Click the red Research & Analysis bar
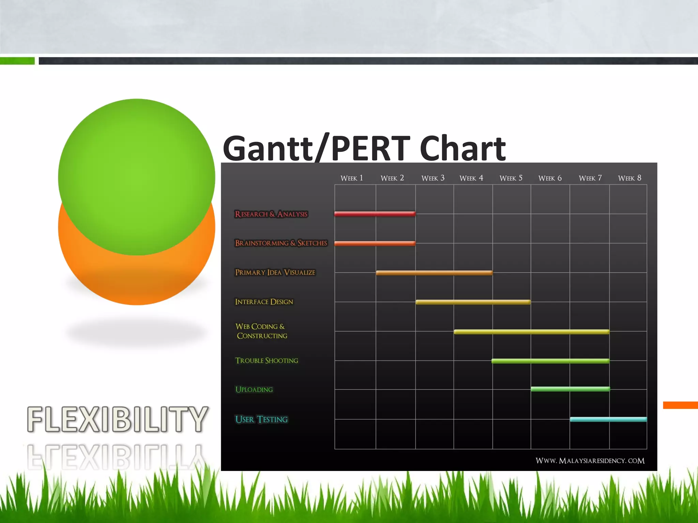coord(375,214)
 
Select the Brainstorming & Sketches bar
coord(375,243)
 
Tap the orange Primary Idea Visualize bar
coord(434,273)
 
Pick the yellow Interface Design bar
coord(473,302)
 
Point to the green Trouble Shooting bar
coord(550,361)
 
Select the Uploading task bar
coord(570,389)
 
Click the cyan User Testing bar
coord(608,419)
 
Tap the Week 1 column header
coord(352,178)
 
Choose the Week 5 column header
coord(511,178)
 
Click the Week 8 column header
coord(629,178)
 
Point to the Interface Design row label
coord(264,302)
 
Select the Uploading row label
coord(254,390)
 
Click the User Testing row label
coord(261,419)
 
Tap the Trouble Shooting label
coord(267,361)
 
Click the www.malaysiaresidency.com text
coord(590,461)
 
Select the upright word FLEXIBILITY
coord(117,419)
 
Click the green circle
coord(136,170)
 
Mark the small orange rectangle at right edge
coord(680,405)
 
